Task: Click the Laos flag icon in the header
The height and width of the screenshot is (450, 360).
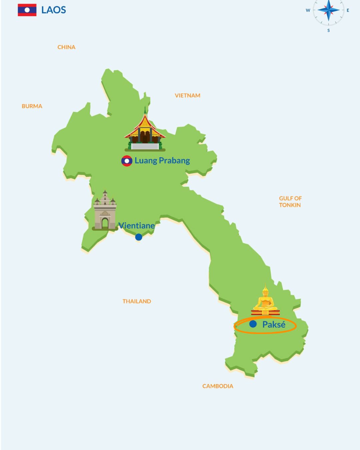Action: pos(27,10)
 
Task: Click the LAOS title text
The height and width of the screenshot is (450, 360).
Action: pos(54,10)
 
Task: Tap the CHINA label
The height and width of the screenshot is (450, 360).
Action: pos(66,47)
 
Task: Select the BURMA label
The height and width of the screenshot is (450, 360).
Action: pos(32,106)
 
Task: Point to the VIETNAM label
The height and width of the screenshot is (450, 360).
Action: pos(188,96)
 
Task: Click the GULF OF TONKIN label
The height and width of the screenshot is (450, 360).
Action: pos(290,202)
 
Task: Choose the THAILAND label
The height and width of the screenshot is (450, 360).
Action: pos(137,301)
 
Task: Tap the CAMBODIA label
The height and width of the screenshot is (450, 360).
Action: pos(218,386)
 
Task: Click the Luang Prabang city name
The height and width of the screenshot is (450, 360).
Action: pos(162,161)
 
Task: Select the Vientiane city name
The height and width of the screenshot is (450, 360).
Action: pos(137,226)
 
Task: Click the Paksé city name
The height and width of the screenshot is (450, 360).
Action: pos(274,325)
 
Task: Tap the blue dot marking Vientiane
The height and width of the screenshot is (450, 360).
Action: pos(139,237)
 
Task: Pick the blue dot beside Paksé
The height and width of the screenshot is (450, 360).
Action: pos(253,324)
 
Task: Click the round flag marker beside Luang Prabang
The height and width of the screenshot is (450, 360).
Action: pos(127,161)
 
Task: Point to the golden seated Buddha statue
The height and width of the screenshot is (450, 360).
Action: pos(265,301)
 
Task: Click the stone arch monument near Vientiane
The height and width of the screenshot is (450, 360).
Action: pos(105,211)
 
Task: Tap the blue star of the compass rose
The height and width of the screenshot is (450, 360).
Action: pos(328,10)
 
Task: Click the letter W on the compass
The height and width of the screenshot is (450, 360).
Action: pos(308,10)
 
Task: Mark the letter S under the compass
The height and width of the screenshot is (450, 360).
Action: pos(329,30)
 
